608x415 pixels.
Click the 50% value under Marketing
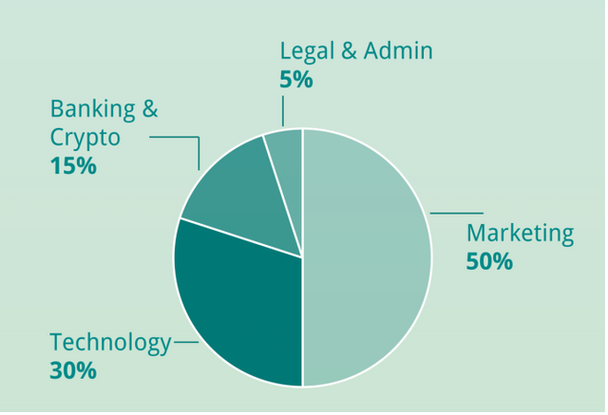[489, 261]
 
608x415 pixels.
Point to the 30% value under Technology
[73, 370]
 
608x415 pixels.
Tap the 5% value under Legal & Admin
[296, 80]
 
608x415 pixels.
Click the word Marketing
[520, 234]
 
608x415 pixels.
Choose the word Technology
[110, 343]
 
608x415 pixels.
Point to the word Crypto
[85, 138]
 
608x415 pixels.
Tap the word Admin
[399, 51]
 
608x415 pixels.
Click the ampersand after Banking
[150, 109]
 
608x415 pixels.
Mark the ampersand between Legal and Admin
[350, 51]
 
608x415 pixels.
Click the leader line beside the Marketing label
[456, 213]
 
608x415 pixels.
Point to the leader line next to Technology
[186, 343]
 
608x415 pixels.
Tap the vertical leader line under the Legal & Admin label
[282, 110]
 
